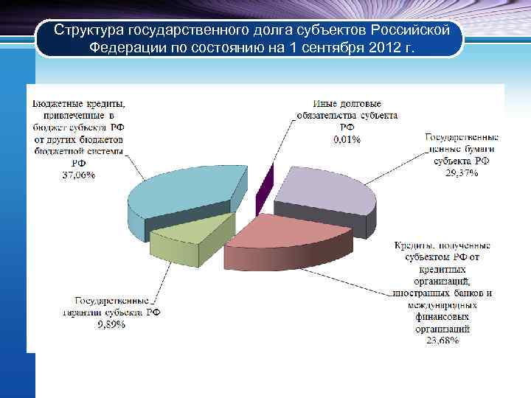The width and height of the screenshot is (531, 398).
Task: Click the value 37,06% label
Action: [x=78, y=175]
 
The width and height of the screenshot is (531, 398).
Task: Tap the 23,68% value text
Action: [x=441, y=341]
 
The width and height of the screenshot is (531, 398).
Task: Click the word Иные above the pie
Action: [x=324, y=103]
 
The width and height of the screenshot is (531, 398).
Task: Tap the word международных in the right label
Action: [x=441, y=304]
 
